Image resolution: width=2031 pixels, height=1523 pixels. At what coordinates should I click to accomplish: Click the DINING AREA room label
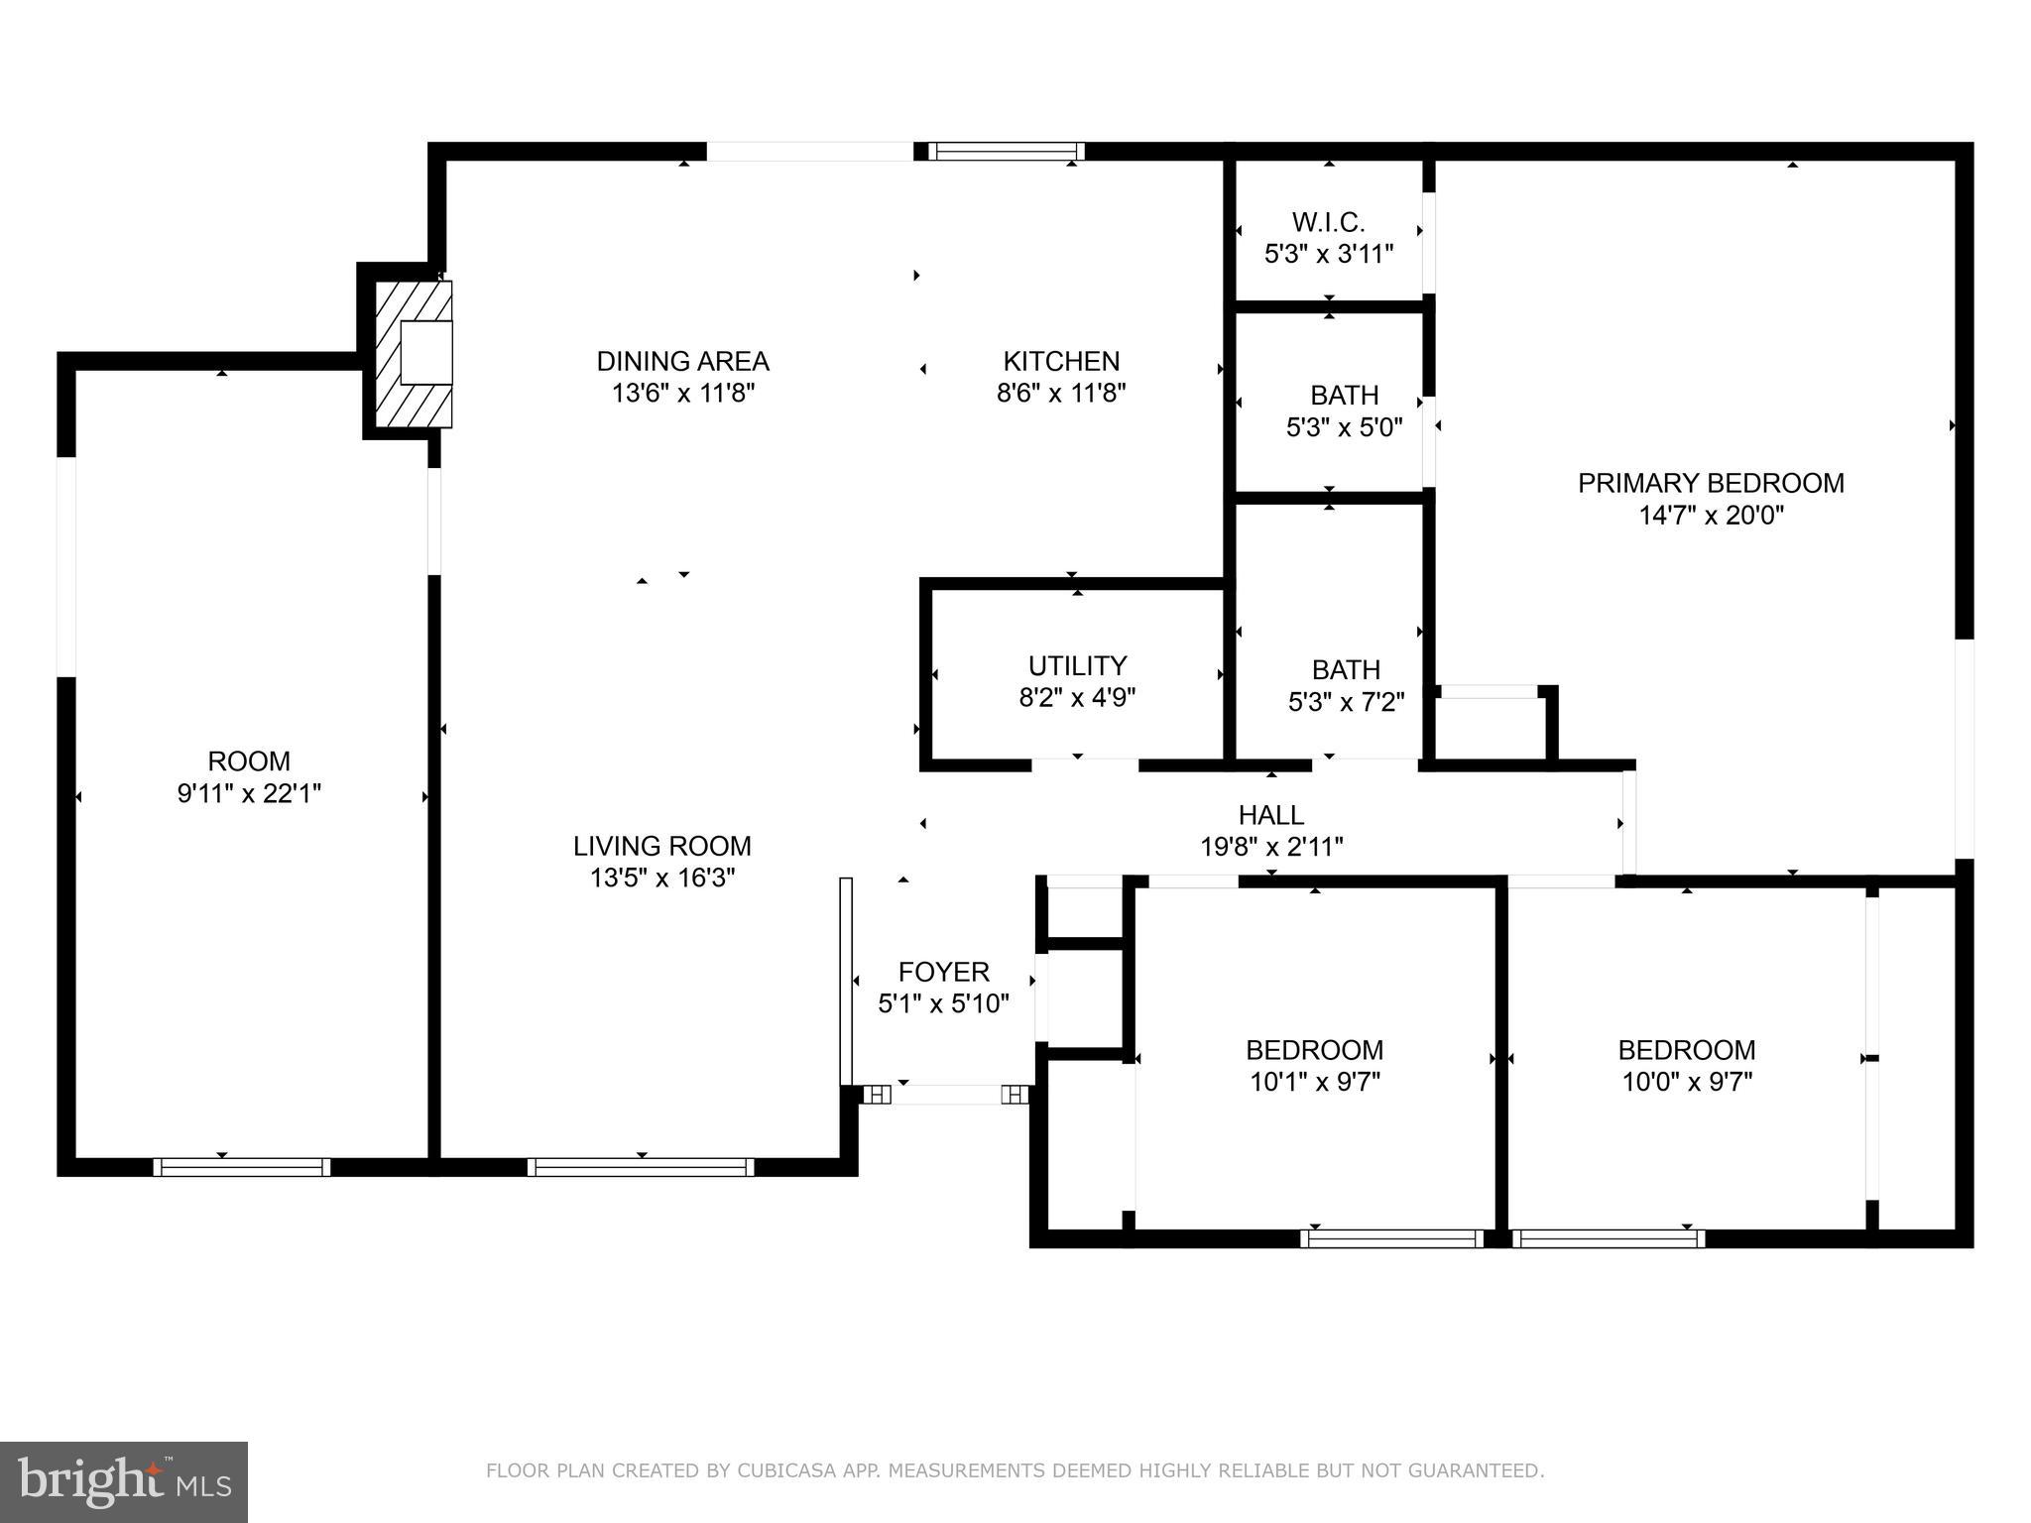pos(682,361)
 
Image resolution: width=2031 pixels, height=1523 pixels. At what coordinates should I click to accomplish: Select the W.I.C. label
pos(1328,222)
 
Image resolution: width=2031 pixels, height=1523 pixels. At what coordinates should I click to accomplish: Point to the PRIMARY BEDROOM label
pos(1711,483)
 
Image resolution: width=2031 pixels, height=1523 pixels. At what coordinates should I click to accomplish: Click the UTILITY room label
pos(1077,665)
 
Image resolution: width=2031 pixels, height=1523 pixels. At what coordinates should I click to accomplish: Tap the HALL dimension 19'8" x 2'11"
pos(1271,847)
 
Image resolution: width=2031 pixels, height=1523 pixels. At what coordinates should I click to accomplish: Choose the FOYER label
pos(943,972)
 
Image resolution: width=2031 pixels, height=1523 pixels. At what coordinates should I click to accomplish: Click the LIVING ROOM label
pos(661,846)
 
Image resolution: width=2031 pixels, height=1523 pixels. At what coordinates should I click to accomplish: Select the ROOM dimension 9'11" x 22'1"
pos(249,793)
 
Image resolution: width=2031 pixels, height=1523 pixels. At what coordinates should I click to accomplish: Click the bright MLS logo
pos(123,1481)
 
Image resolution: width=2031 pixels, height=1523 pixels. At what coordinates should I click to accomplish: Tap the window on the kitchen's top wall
pos(1007,152)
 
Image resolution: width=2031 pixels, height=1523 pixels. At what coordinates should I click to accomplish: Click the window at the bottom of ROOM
pos(242,1167)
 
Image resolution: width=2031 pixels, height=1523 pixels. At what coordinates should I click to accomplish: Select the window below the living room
pos(641,1167)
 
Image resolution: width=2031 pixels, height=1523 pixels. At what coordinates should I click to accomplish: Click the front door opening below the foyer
pos(946,1095)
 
